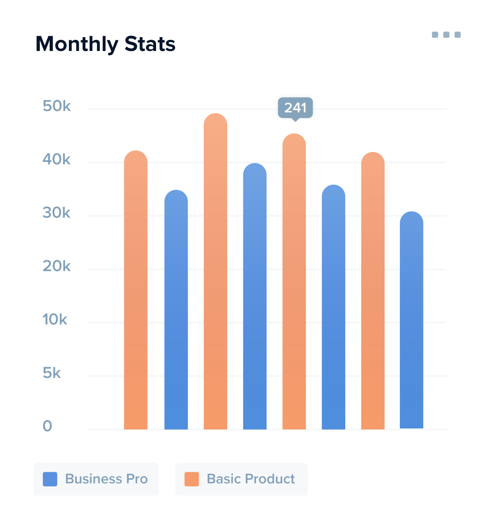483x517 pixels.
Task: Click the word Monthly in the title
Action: click(77, 44)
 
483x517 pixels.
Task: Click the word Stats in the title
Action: click(150, 44)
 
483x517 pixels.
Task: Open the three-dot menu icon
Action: click(446, 35)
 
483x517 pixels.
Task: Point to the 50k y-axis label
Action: click(57, 106)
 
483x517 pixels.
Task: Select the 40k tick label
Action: click(57, 159)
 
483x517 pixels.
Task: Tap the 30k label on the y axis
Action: click(57, 213)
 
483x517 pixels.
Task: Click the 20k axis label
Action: click(57, 266)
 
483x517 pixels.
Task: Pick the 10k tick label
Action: click(55, 319)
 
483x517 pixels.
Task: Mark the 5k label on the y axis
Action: click(52, 373)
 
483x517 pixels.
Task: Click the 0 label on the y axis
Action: click(47, 426)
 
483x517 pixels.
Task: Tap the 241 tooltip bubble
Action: click(295, 108)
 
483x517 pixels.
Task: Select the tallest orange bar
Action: click(216, 273)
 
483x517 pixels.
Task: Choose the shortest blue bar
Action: click(411, 322)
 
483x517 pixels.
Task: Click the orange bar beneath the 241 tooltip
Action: click(294, 282)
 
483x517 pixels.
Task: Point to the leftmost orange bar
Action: click(136, 291)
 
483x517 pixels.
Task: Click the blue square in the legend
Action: click(50, 479)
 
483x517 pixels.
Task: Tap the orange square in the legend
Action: click(192, 479)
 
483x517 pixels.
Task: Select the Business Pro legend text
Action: click(106, 479)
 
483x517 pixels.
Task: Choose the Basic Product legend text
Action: click(251, 479)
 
